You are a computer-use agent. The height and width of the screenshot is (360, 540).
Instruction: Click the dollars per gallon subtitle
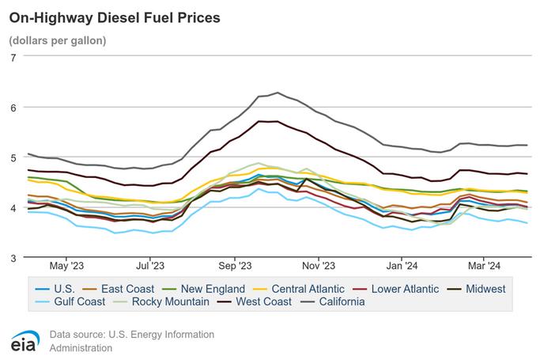point(57,40)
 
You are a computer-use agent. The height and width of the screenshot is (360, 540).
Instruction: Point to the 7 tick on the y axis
point(13,57)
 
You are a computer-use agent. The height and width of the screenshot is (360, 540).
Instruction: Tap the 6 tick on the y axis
point(13,107)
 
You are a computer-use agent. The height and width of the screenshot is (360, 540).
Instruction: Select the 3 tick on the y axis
point(13,258)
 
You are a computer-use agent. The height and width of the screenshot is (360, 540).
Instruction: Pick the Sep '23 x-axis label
point(234,267)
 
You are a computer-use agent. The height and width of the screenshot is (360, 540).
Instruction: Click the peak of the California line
point(278,93)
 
